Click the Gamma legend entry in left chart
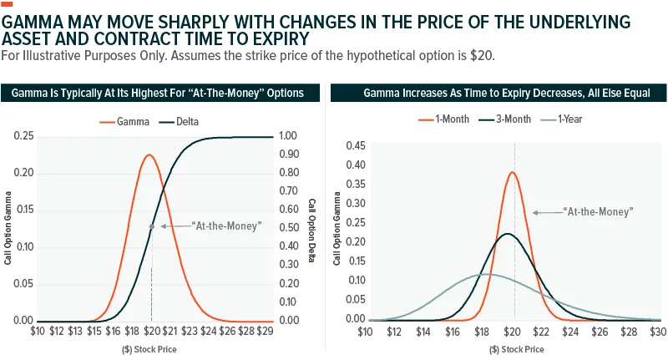124,122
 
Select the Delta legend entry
179,122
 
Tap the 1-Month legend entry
443,119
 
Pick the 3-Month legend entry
505,119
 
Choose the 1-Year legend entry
561,119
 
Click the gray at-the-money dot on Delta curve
152,226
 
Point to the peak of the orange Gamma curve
149,155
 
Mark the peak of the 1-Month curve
513,172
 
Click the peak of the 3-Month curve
507,234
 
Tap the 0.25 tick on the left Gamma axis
23,136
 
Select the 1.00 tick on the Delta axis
288,135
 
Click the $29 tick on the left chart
265,331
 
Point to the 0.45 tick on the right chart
356,145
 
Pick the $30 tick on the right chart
658,332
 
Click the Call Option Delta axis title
311,230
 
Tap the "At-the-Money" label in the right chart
598,211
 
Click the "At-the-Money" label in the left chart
226,226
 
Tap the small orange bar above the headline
7,4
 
